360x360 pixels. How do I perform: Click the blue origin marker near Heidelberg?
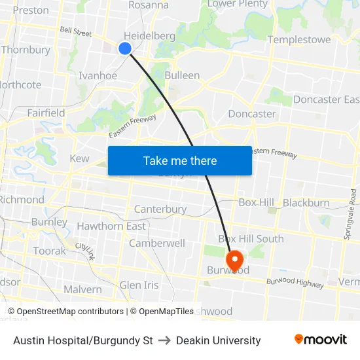tap(125, 48)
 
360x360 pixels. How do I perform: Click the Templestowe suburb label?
tap(299, 40)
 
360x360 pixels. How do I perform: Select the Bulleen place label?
tap(182, 75)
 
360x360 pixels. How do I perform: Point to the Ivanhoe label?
tap(98, 75)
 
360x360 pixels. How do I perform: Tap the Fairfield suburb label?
tap(46, 113)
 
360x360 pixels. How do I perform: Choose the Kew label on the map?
tap(79, 158)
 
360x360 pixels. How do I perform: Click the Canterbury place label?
tap(160, 209)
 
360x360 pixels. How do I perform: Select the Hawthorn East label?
tap(111, 226)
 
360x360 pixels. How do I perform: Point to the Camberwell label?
tap(157, 243)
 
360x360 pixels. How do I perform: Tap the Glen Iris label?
tap(139, 285)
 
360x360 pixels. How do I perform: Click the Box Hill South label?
tap(251, 239)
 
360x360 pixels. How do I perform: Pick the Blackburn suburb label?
tap(306, 203)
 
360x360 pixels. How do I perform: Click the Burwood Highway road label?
tap(295, 283)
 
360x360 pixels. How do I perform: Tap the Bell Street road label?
tap(75, 30)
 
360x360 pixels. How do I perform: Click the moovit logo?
tap(320, 340)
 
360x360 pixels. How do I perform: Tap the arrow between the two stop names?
tap(164, 340)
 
